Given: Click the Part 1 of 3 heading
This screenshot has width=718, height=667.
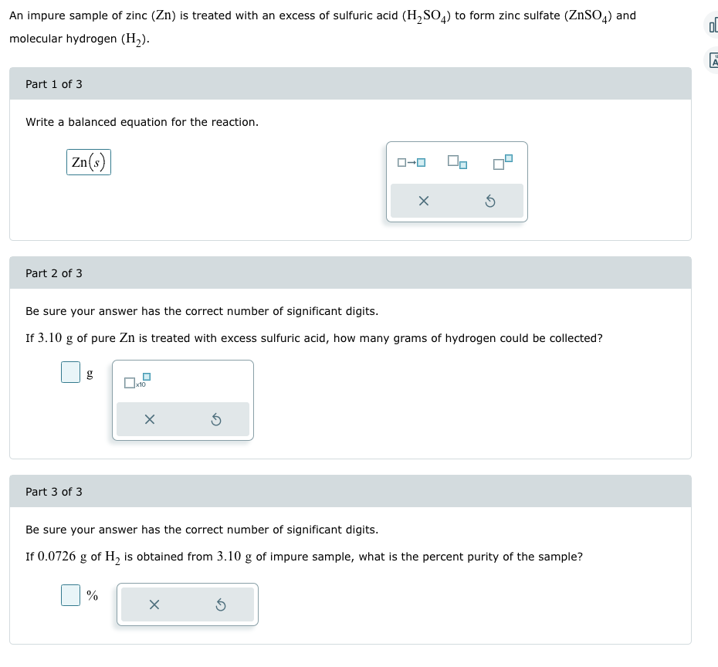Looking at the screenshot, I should pyautogui.click(x=54, y=84).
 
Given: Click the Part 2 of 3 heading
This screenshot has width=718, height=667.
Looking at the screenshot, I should pyautogui.click(x=54, y=273).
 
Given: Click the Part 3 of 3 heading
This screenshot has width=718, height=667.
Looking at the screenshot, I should pyautogui.click(x=54, y=492).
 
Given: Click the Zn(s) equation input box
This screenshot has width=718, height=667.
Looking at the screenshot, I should pyautogui.click(x=89, y=162).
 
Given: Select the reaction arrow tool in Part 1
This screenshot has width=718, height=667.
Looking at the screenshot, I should pyautogui.click(x=411, y=162).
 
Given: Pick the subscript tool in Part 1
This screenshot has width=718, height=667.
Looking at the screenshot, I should pyautogui.click(x=456, y=162).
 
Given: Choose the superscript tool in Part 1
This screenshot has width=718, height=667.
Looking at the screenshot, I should pyautogui.click(x=503, y=162).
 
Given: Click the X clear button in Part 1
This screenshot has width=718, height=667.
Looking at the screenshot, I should pyautogui.click(x=423, y=201).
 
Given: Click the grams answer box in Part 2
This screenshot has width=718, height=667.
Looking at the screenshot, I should pyautogui.click(x=70, y=373).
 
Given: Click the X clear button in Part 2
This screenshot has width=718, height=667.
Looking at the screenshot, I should pyautogui.click(x=150, y=420).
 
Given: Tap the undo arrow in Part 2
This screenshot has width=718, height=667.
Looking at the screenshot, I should pyautogui.click(x=216, y=420).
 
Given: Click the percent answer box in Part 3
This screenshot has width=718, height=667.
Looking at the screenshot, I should pyautogui.click(x=70, y=595).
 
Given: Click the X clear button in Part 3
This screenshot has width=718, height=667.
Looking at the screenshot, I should pyautogui.click(x=154, y=604).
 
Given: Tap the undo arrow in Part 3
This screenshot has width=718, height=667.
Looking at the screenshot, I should pyautogui.click(x=220, y=604).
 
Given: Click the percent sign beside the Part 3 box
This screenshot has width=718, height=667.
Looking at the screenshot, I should pyautogui.click(x=92, y=595).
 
